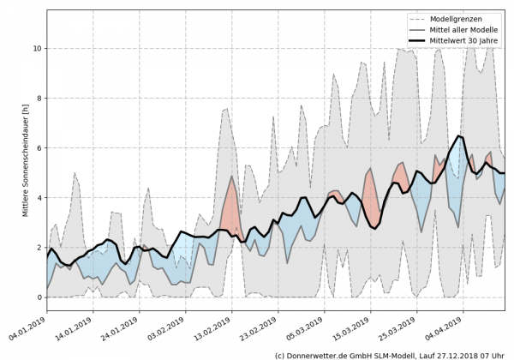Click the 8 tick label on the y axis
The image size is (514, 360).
pos(38,99)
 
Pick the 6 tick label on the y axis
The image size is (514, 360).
pos(38,148)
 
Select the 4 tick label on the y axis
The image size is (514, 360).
pos(38,198)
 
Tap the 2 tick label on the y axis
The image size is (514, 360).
pos(38,248)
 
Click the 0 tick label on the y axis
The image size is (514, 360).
pos(38,297)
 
